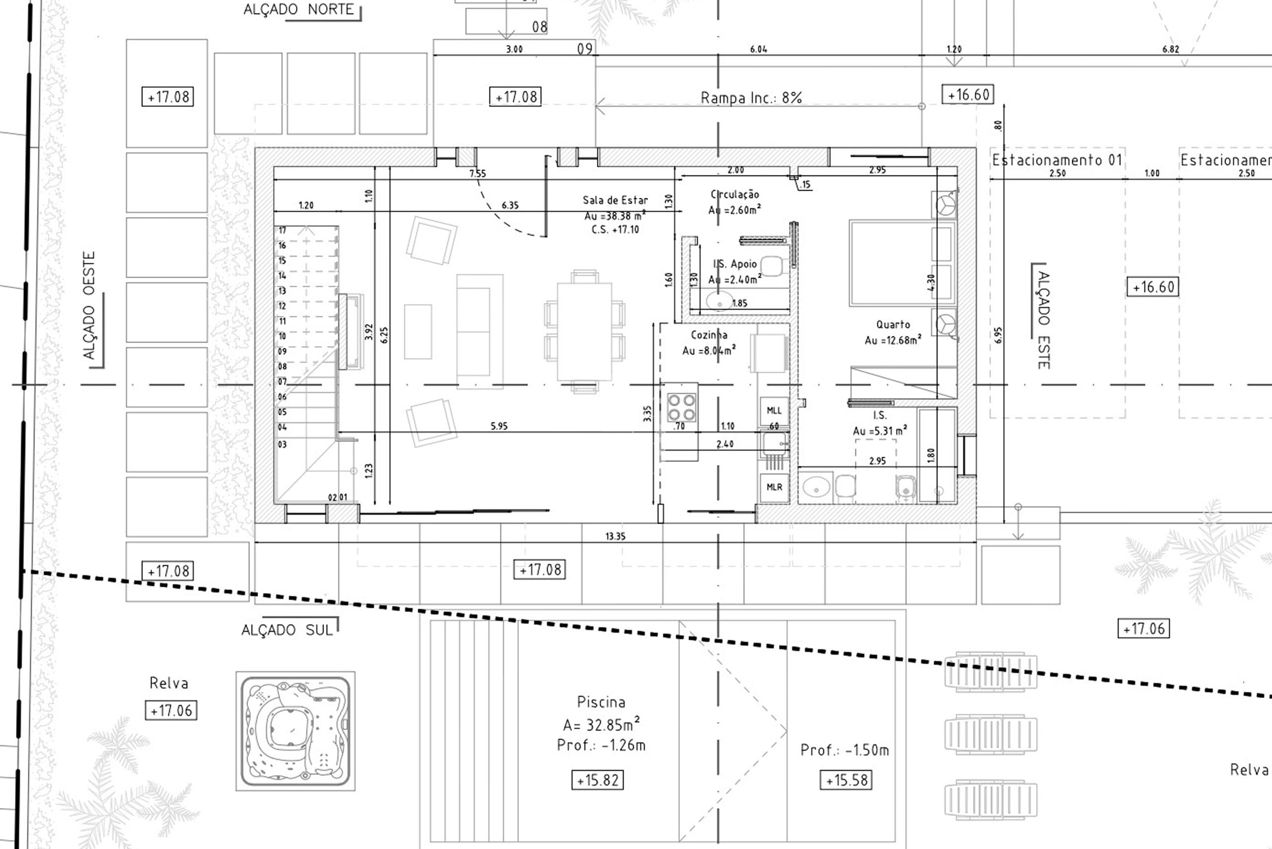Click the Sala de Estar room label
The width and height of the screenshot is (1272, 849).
click(x=615, y=200)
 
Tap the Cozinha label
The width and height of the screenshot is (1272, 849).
click(x=709, y=335)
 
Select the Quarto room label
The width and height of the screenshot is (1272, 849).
click(x=893, y=325)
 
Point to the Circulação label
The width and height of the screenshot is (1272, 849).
click(x=735, y=194)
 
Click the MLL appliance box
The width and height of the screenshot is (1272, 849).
click(x=774, y=411)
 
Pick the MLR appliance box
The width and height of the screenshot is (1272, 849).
click(x=774, y=487)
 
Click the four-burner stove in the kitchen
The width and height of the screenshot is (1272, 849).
click(x=681, y=408)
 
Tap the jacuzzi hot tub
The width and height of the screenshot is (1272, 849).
click(x=295, y=731)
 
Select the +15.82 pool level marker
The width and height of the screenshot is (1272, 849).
click(x=598, y=780)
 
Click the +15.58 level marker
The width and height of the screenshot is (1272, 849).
click(x=846, y=780)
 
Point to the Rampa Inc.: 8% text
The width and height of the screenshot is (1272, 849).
click(x=751, y=98)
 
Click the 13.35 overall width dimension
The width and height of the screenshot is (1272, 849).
click(x=615, y=537)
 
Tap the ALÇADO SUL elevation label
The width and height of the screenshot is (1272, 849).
click(x=287, y=630)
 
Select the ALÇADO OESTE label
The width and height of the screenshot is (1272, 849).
click(x=89, y=306)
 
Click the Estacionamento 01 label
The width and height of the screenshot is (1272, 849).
click(x=1056, y=160)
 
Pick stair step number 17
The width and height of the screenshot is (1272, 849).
click(x=282, y=231)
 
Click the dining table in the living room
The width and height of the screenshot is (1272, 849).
click(x=585, y=331)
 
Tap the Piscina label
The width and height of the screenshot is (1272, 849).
click(x=601, y=702)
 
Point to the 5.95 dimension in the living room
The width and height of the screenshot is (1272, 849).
click(x=499, y=426)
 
